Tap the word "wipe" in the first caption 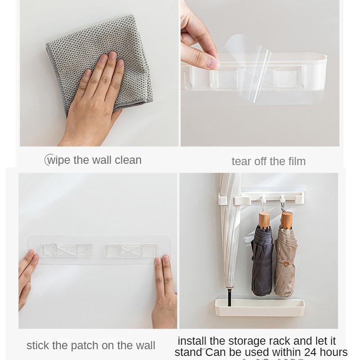click(59, 160)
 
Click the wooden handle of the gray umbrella click(264, 220)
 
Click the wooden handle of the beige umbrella click(286, 220)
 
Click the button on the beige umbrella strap click(286, 263)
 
